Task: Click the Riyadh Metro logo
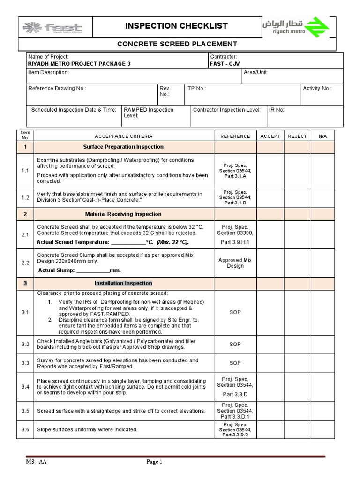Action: [295, 27]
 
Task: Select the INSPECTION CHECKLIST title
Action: [176, 26]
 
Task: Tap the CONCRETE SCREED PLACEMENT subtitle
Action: [176, 44]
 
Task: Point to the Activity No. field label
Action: [317, 88]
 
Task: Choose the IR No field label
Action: [277, 110]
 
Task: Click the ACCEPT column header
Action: [270, 136]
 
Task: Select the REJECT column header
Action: [297, 136]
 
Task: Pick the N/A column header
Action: [323, 136]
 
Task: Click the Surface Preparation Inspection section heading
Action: [123, 147]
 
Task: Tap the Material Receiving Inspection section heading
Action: [123, 214]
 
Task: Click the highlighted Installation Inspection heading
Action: [123, 283]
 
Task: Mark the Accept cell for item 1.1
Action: [270, 171]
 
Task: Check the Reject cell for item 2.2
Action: [297, 263]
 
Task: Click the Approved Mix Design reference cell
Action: [235, 263]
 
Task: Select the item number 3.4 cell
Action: [25, 387]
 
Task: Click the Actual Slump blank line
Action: [92, 271]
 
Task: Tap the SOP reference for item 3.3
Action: [235, 363]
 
